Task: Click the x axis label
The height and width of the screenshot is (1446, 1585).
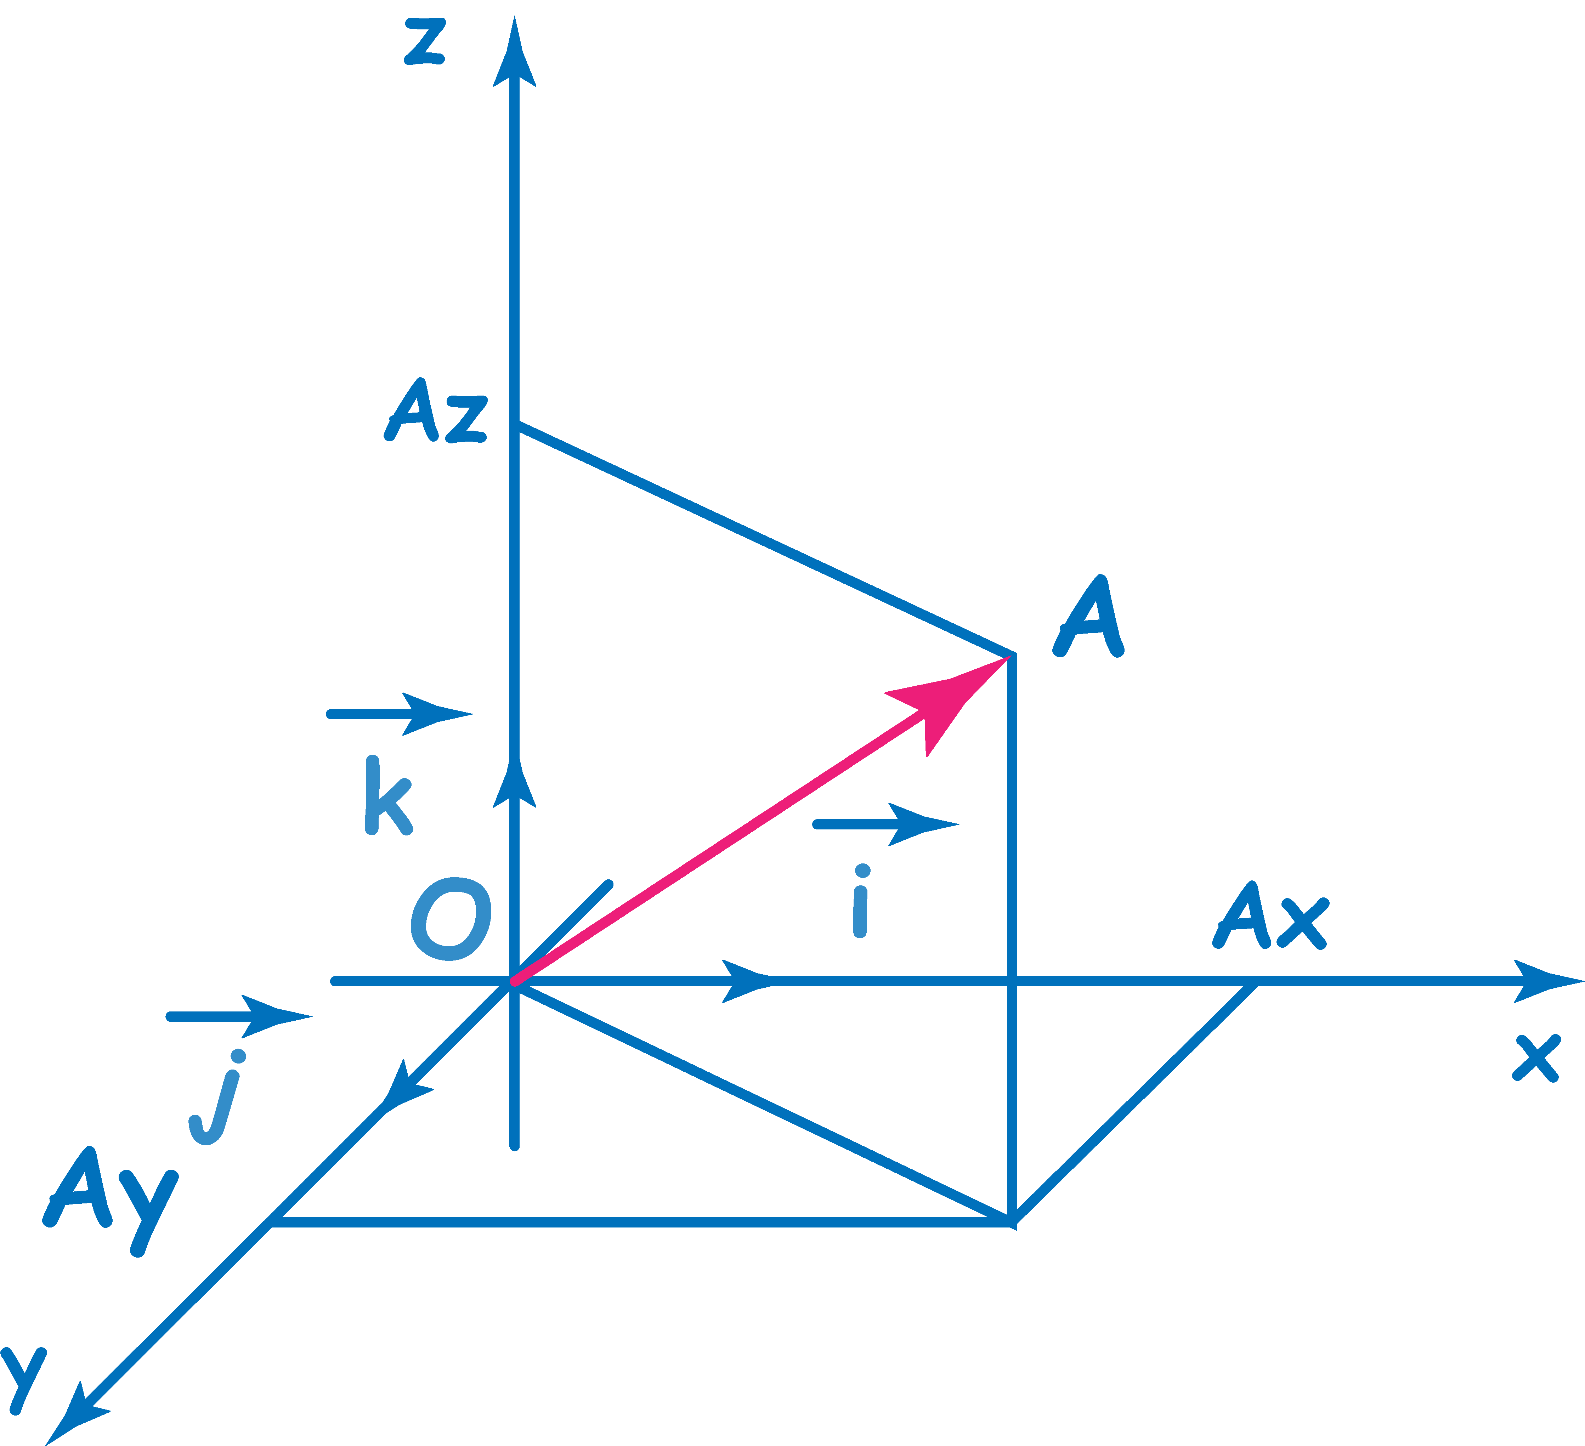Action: pyautogui.click(x=1536, y=1058)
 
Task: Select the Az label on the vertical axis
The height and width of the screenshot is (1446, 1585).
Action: pyautogui.click(x=436, y=410)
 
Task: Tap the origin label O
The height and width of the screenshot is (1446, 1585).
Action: pyautogui.click(x=451, y=918)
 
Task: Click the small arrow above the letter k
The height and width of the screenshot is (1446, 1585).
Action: pyautogui.click(x=400, y=714)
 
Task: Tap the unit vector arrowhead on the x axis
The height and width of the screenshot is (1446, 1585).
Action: pyautogui.click(x=747, y=981)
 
